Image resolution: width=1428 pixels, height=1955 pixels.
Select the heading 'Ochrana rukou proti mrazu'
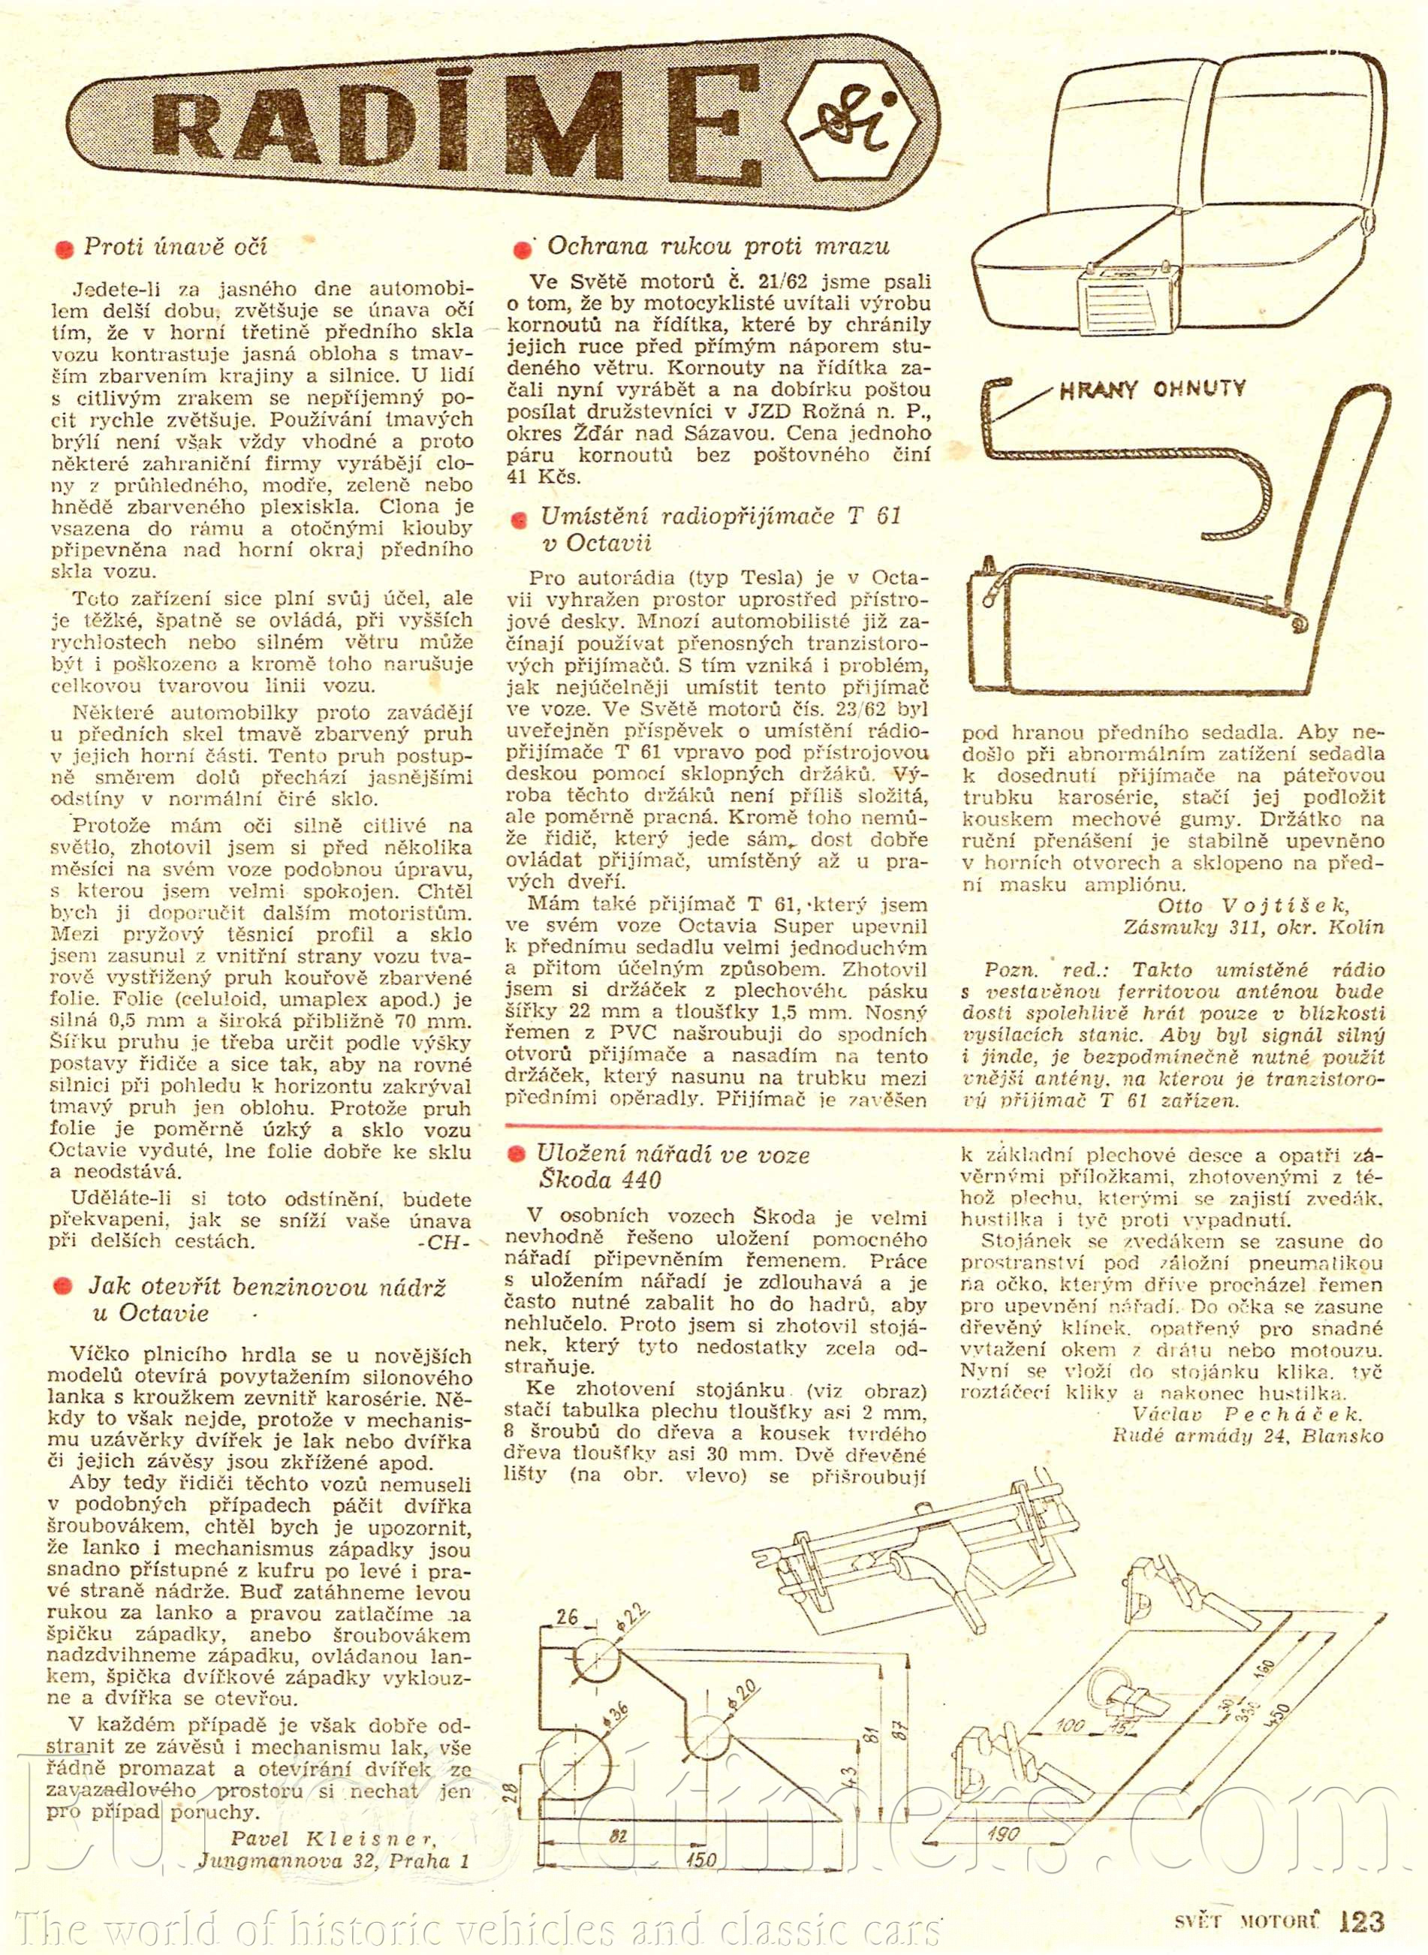coord(718,246)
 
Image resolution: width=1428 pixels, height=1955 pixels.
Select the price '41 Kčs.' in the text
coord(544,476)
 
